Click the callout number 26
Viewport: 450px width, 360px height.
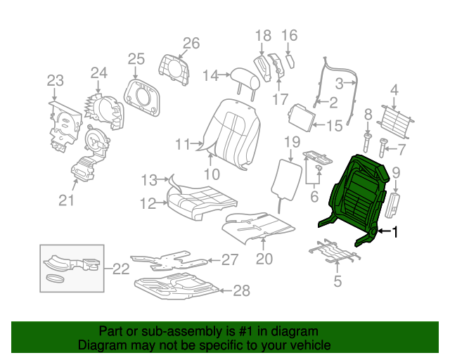pos(191,44)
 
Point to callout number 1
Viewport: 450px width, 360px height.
pos(395,231)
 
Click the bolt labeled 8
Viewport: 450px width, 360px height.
pos(367,142)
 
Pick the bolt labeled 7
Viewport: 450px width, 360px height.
pos(382,148)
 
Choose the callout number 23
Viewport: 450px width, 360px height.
pos(56,81)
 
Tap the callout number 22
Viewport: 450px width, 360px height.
pos(121,269)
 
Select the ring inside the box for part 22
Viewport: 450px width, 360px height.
pos(55,278)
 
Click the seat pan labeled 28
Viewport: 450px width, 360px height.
pos(176,285)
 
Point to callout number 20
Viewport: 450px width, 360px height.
pos(264,259)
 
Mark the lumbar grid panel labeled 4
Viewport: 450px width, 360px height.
pos(395,122)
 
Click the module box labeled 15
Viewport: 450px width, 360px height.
pos(302,117)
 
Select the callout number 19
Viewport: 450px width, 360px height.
pos(292,142)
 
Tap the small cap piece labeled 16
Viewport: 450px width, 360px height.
pos(290,61)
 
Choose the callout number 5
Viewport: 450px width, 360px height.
pos(337,281)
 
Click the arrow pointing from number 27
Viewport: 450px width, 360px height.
pos(214,260)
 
